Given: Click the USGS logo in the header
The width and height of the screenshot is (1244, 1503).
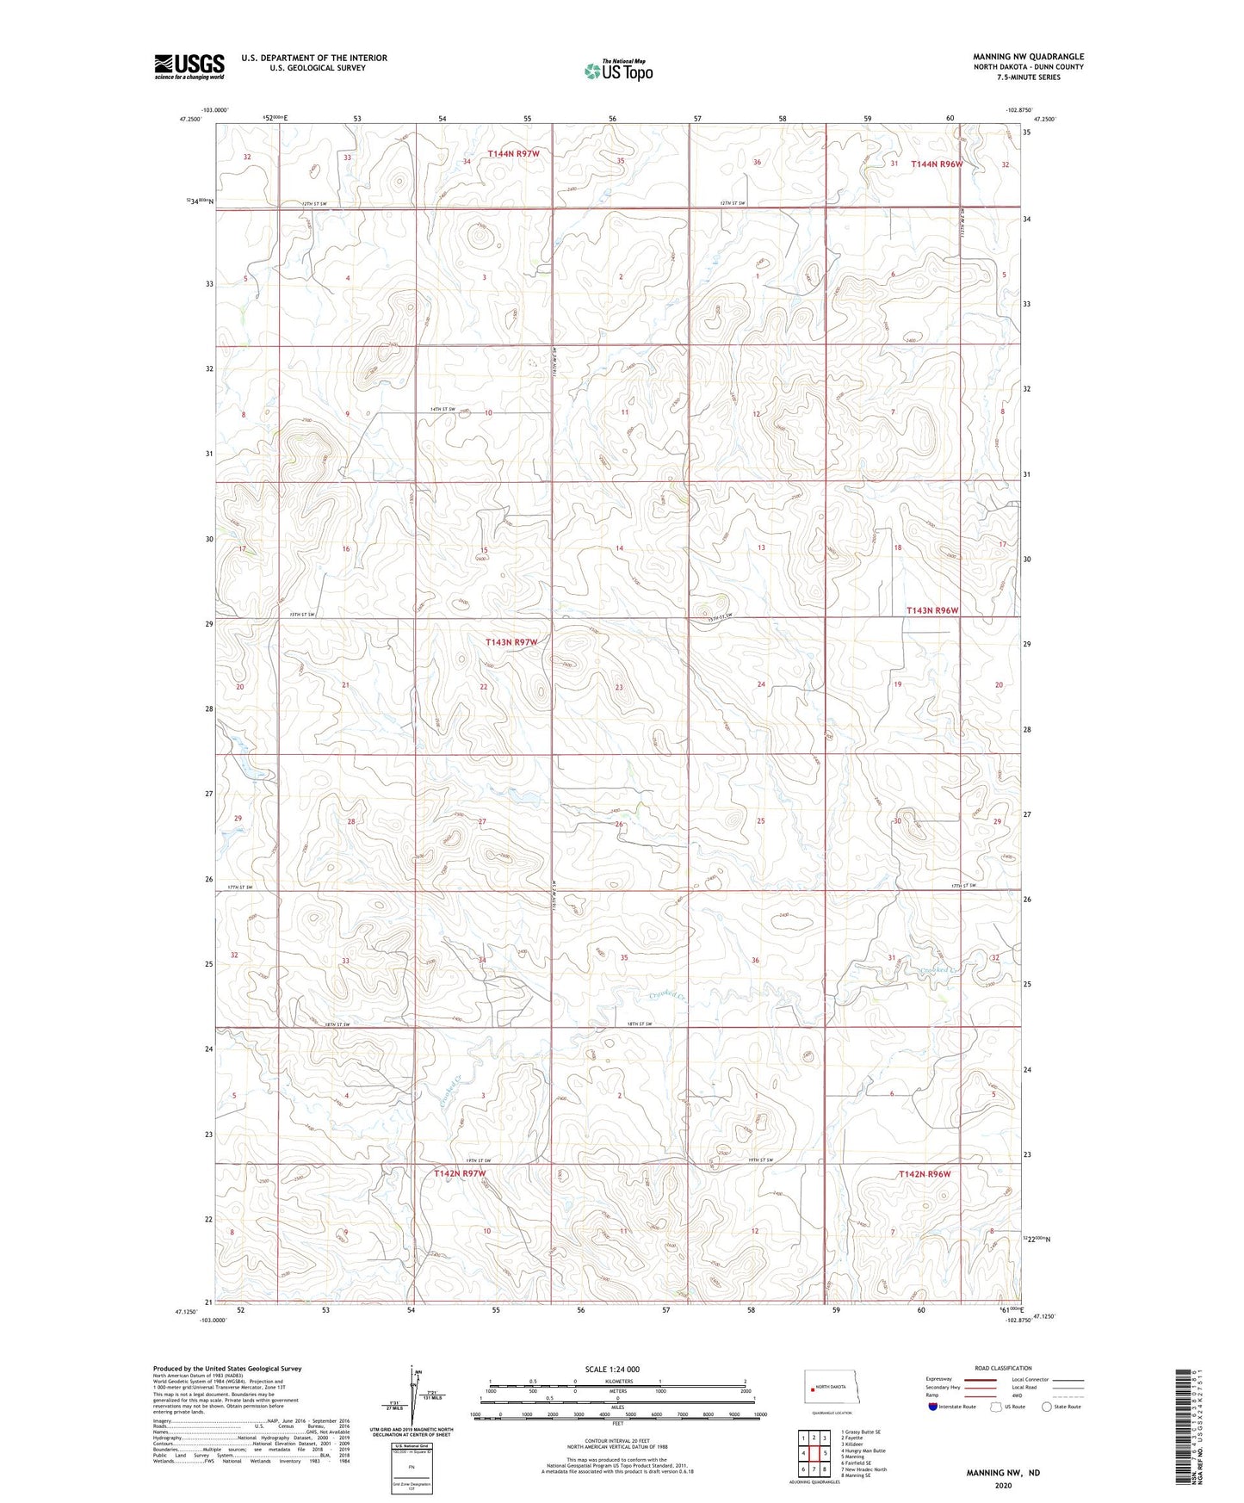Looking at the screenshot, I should coord(189,66).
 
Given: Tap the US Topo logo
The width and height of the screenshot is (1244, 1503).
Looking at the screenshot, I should coord(617,71).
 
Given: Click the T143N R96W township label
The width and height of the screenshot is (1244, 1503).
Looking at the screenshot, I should coord(931,610).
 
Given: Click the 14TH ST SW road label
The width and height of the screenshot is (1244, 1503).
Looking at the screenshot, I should coord(443,409).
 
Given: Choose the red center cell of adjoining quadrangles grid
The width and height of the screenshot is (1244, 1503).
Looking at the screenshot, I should coord(814,1453).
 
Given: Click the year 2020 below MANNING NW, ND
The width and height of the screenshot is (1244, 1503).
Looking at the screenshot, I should coord(1002,1485).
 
